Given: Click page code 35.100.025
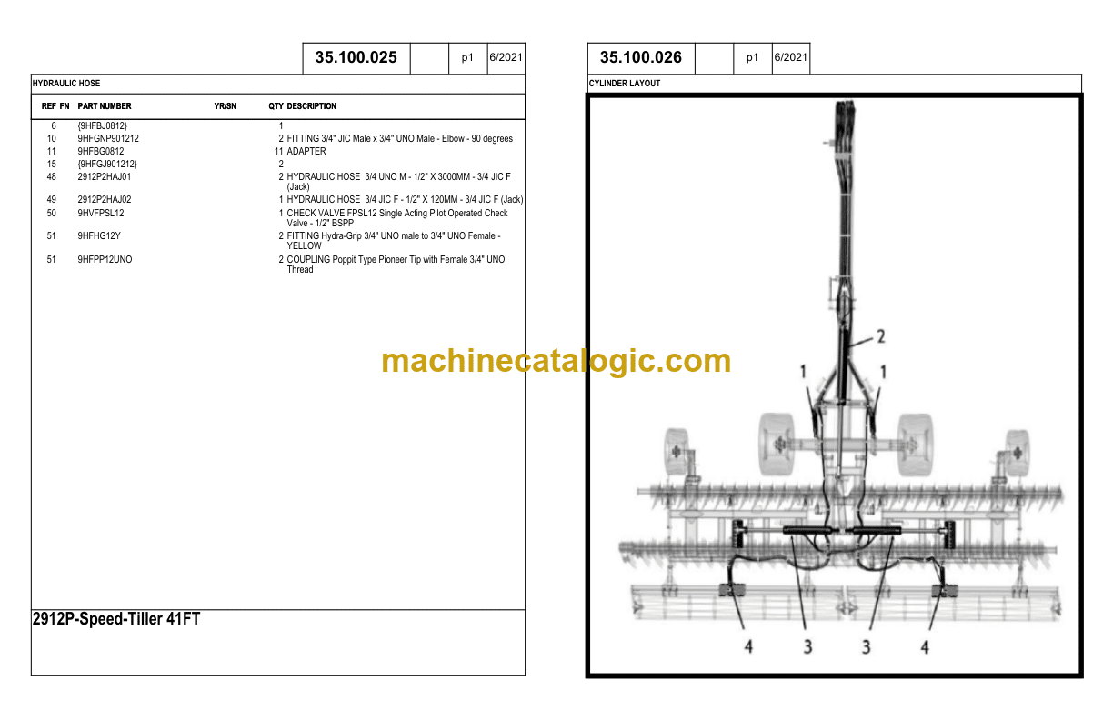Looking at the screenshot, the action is click(356, 57).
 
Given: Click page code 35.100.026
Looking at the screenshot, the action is click(640, 57).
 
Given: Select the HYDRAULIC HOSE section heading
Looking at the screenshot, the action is click(66, 84).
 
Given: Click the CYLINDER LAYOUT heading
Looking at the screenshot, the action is click(625, 84).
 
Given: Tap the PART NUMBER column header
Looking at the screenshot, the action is click(105, 106).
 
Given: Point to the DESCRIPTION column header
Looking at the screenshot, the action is click(312, 106).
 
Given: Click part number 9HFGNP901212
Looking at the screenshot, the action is click(108, 138).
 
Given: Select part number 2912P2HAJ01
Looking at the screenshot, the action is click(105, 177).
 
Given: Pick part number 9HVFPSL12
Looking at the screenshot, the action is click(101, 213).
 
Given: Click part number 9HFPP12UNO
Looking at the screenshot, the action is click(105, 259).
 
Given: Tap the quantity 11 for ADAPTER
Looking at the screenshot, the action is click(279, 152).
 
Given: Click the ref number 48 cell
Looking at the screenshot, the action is click(51, 177).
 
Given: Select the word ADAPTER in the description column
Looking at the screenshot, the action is click(306, 152).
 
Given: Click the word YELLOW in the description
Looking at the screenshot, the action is click(304, 246).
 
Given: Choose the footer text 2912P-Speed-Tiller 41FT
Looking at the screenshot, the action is click(116, 619).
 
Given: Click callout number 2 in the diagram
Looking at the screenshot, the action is click(881, 337).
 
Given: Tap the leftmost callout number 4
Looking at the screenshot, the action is click(748, 646).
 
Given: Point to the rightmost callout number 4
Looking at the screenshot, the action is click(925, 647).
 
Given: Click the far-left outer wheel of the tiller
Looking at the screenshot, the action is click(677, 452).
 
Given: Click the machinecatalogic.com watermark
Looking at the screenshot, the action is click(556, 361).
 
